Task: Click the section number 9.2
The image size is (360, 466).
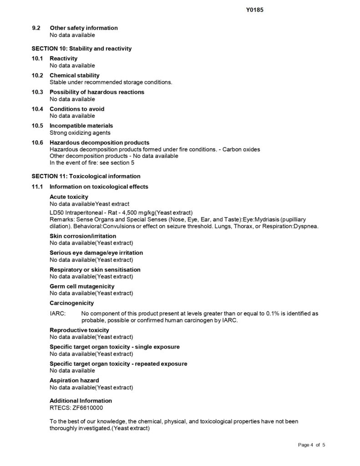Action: (x=36, y=28)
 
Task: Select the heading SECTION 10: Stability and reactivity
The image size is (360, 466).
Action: (x=81, y=48)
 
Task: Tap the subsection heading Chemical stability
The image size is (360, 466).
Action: (x=74, y=76)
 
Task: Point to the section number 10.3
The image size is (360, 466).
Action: (x=37, y=92)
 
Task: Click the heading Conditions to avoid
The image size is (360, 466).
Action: (x=76, y=109)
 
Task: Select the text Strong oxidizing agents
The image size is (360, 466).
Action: (x=80, y=133)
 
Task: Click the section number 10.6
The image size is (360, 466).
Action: (x=37, y=143)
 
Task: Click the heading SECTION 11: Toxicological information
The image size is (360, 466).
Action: (x=86, y=176)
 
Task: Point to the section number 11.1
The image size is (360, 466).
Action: (x=37, y=187)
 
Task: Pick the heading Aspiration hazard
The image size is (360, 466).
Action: (x=74, y=380)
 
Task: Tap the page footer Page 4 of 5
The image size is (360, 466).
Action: (x=312, y=444)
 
